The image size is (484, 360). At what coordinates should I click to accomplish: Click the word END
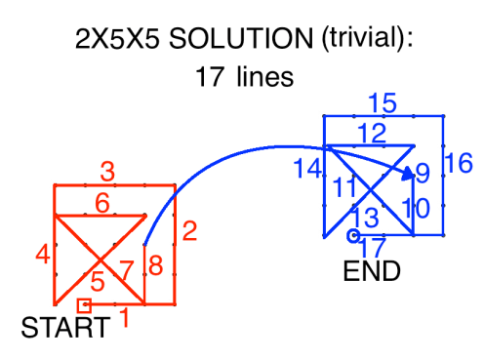pyautogui.click(x=372, y=271)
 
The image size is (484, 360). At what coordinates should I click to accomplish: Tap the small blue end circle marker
pyautogui.click(x=353, y=235)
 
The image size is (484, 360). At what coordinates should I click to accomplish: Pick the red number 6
pyautogui.click(x=101, y=203)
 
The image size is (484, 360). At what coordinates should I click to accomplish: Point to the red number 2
pyautogui.click(x=189, y=231)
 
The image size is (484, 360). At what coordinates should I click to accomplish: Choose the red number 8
pyautogui.click(x=154, y=265)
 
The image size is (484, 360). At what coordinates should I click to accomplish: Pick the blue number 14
pyautogui.click(x=306, y=169)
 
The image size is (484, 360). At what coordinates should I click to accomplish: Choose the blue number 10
pyautogui.click(x=416, y=208)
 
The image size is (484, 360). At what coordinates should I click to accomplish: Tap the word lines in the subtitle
pyautogui.click(x=263, y=77)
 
